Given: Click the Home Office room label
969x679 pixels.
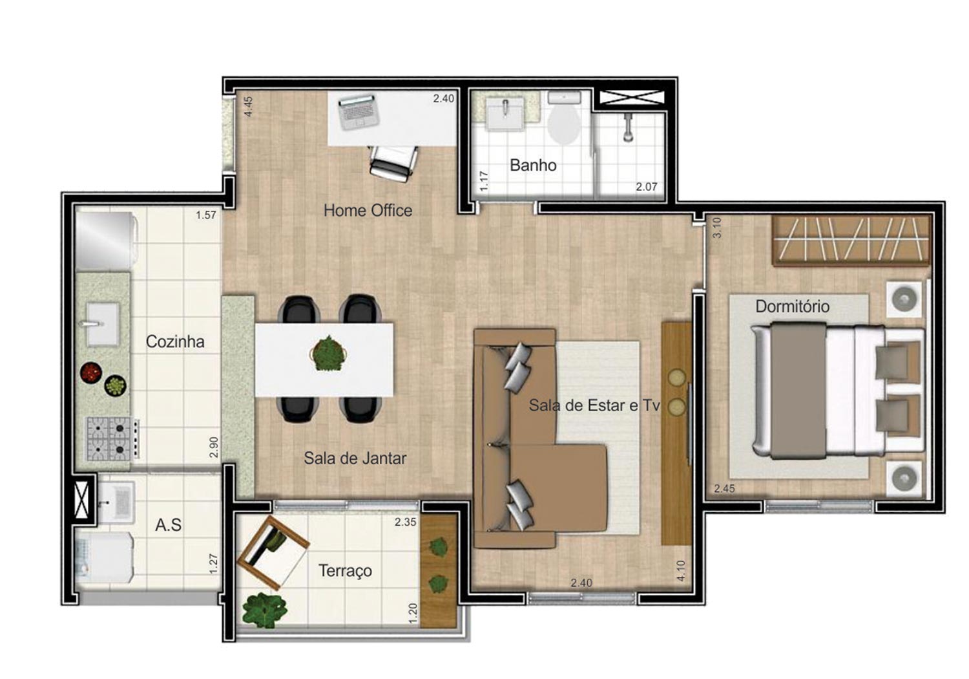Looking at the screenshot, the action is click(x=368, y=210).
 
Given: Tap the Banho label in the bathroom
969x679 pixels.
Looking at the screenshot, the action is click(x=533, y=165).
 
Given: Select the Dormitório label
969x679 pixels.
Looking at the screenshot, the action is click(x=793, y=307).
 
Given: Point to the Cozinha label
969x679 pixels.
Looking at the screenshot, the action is click(x=175, y=341).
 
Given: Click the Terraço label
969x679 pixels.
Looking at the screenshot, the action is click(x=345, y=571).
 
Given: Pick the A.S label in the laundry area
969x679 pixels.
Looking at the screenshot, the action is click(x=168, y=525).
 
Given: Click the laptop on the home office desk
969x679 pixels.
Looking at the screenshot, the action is click(x=358, y=112).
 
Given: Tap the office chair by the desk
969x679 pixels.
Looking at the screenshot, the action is click(x=393, y=164).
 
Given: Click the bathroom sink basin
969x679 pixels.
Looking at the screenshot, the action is click(x=505, y=113).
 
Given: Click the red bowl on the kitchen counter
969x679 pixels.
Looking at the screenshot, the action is click(x=91, y=372).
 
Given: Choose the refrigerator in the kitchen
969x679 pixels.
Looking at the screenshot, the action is click(x=107, y=241).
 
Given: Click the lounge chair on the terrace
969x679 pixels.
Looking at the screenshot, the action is click(x=273, y=553).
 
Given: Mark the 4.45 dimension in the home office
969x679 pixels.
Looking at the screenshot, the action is click(x=248, y=107).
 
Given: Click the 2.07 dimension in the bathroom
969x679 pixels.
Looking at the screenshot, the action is click(x=646, y=187).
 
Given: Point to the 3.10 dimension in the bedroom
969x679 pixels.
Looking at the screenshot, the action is click(x=717, y=228).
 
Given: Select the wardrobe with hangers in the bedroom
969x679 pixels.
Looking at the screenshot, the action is click(x=851, y=241).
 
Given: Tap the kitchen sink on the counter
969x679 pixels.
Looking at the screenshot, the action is click(x=103, y=325).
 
